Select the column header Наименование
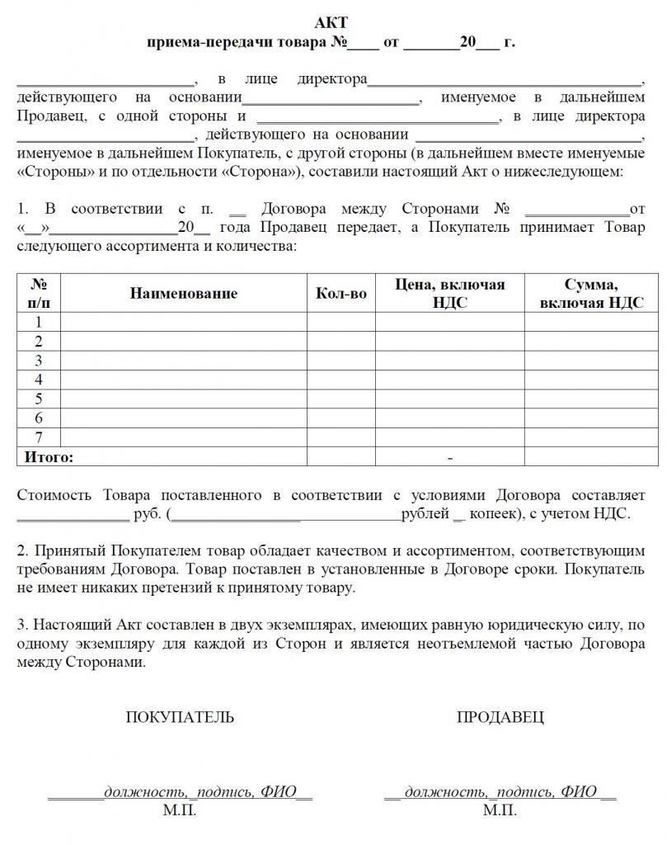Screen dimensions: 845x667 coord(183,293)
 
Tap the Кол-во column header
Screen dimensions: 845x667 coord(341,293)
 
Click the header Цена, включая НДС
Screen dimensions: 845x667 coord(449,293)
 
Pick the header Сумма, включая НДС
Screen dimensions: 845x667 coord(591,293)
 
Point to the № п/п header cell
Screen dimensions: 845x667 coord(39,293)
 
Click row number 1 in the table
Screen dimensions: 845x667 coord(39,322)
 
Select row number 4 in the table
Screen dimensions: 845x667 coord(39,380)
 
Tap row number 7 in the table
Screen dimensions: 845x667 coord(39,437)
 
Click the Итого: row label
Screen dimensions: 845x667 coord(49,456)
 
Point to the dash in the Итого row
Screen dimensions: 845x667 coord(450,457)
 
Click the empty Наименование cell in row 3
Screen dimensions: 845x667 coord(183,361)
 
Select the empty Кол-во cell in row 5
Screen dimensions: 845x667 coord(341,399)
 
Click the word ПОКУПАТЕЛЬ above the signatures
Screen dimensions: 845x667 coord(180,717)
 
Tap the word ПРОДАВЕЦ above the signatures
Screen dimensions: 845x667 coord(500,717)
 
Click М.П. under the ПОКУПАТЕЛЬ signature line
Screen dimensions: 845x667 coord(180,810)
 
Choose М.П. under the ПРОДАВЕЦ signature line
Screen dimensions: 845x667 coord(500,810)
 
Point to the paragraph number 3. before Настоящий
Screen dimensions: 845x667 coord(22,625)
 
